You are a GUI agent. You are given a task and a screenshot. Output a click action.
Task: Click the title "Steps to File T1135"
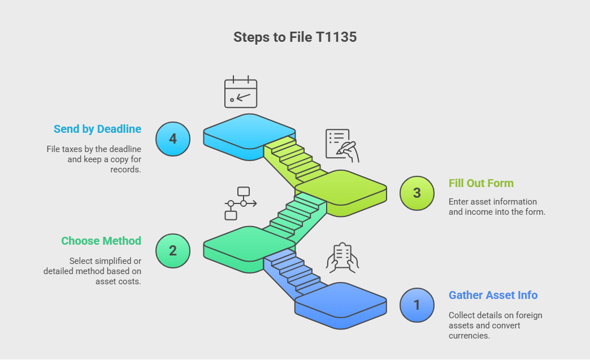tap(294, 37)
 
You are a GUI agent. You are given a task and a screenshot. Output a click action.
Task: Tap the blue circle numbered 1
tap(417, 305)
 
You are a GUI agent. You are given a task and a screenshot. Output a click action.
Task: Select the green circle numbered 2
tap(173, 250)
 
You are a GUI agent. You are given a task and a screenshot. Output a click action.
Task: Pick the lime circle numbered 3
tap(417, 193)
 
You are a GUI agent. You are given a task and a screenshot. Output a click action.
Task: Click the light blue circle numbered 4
tap(173, 138)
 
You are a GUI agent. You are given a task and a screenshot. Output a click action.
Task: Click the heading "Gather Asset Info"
tap(493, 295)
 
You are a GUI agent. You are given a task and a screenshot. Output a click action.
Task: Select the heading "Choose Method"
tap(101, 241)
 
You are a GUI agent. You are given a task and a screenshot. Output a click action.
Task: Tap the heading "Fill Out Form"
tap(481, 183)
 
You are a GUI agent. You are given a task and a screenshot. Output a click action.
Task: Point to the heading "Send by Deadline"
tap(97, 129)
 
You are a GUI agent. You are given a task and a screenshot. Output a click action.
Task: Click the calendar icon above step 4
tap(241, 92)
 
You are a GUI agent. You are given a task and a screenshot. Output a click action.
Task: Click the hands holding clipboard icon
tap(343, 258)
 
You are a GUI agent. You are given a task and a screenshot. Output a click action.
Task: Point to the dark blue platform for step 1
tap(341, 300)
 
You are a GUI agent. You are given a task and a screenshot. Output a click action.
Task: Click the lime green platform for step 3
tap(341, 188)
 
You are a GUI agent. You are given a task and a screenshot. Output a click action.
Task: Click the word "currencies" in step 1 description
tap(468, 336)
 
